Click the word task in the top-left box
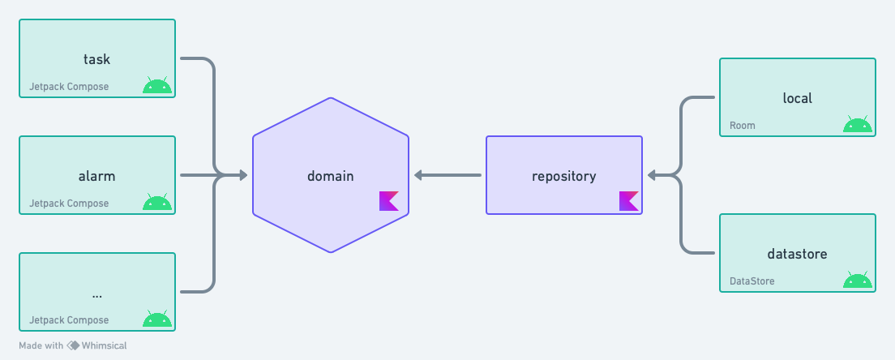[96, 59]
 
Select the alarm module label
[96, 176]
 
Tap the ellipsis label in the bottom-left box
[96, 293]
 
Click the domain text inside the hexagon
[330, 175]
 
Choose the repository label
[563, 175]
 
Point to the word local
[797, 98]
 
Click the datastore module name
[797, 254]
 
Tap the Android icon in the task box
[157, 85]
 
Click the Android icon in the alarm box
[157, 202]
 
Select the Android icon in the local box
[858, 124]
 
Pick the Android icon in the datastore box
[858, 280]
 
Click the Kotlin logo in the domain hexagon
[389, 201]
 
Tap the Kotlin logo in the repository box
[629, 201]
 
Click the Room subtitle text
[743, 126]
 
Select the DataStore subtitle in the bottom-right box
[752, 281]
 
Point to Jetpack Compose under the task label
[69, 87]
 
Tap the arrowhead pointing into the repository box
[652, 175]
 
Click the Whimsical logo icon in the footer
[73, 345]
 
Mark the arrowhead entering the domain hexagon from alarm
[242, 175]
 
